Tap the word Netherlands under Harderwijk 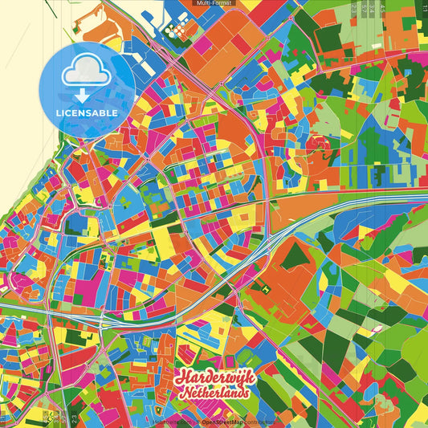(214, 393)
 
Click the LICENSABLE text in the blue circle (87, 112)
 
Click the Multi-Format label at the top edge (214, 3)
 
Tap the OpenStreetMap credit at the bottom (223, 422)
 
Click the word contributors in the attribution (259, 422)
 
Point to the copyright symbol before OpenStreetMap (198, 422)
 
